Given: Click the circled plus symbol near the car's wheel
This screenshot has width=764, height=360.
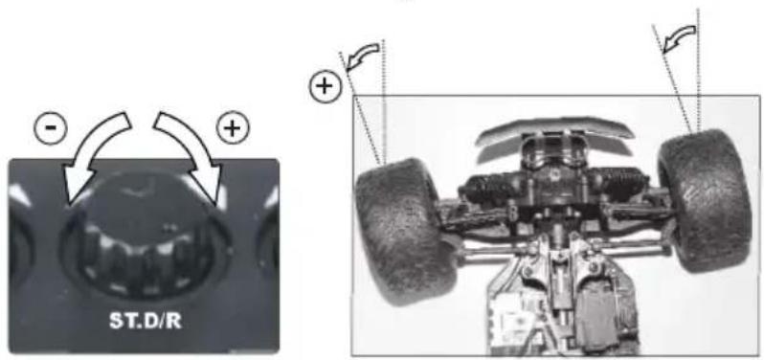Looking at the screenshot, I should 326,87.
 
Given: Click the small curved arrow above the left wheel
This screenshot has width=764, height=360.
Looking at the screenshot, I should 361,59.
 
